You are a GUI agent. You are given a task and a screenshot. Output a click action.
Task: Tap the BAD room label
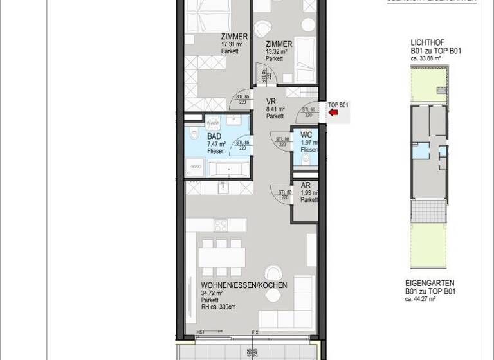pos(214,137)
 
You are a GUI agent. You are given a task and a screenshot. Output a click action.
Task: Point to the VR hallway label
pos(271,101)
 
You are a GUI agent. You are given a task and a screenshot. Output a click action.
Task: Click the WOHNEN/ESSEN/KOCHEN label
pos(244,285)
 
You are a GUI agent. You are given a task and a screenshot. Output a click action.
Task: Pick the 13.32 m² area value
pos(279,51)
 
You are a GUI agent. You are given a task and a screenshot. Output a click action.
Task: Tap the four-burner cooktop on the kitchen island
pos(221,226)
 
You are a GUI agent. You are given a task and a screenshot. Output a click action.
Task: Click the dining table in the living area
pos(220,257)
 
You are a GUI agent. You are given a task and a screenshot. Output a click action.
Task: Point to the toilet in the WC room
pos(306,159)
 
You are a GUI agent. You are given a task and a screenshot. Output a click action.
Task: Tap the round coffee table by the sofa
pos(273,272)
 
